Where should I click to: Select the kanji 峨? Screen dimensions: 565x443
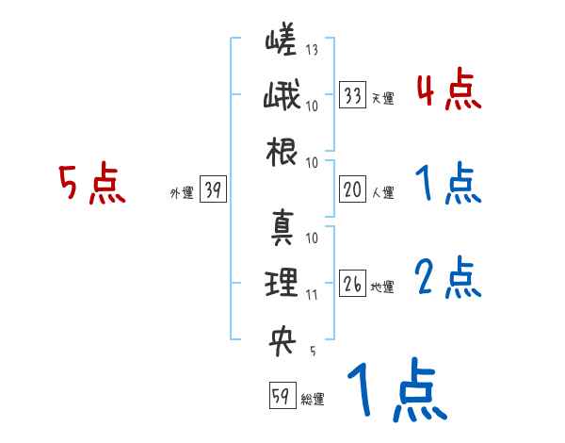pos(282,99)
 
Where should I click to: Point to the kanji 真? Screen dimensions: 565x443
pos(282,227)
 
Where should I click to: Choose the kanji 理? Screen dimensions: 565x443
pos(282,282)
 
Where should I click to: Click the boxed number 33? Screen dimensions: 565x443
pos(353,96)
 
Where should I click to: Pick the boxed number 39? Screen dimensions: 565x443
pos(212,191)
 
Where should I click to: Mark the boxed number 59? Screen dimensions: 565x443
pos(281,396)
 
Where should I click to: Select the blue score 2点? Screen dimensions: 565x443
pos(448,279)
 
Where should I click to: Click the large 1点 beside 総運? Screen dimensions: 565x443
pos(395,392)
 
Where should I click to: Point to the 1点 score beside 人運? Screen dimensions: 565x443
pos(448,185)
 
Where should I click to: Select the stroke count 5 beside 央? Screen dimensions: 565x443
pos(312,351)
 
